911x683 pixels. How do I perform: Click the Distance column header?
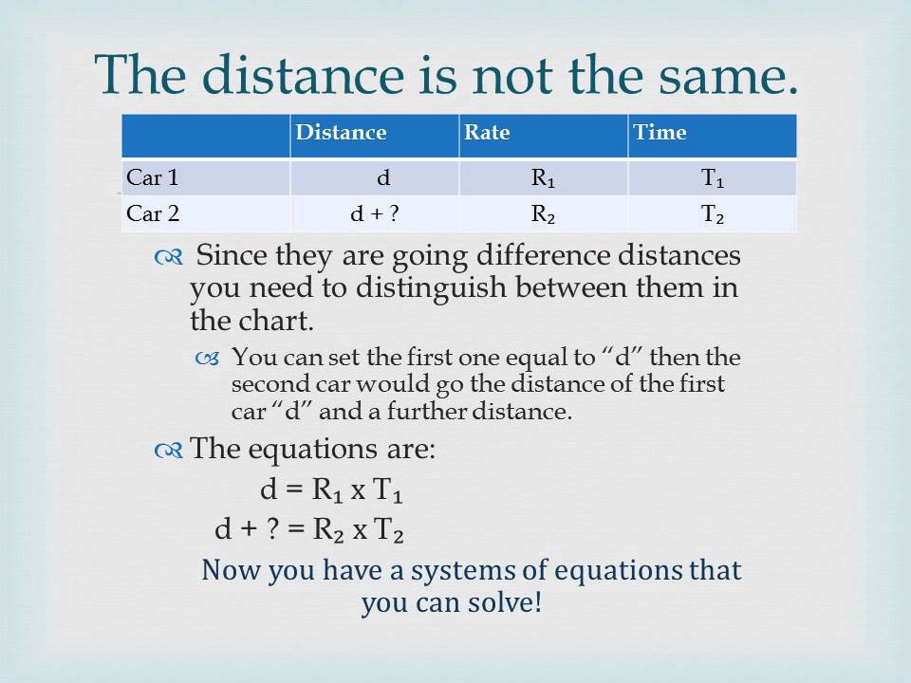(341, 133)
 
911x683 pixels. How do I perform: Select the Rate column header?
(487, 133)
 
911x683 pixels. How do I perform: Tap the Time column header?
(660, 133)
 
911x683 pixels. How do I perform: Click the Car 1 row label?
(152, 177)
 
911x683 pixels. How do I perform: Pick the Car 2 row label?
(153, 213)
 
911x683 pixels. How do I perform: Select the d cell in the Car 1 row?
(382, 178)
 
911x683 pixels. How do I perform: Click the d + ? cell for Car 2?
(374, 214)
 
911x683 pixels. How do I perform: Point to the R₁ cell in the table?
(543, 178)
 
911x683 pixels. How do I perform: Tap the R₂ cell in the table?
(543, 214)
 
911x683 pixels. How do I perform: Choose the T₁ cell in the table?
(713, 178)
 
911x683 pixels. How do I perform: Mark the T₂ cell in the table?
(713, 214)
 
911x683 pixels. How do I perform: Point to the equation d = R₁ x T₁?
(335, 492)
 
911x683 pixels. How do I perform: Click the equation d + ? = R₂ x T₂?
(310, 531)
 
